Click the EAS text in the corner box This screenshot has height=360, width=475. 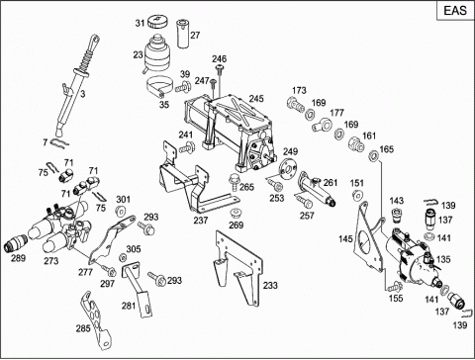pos(455,11)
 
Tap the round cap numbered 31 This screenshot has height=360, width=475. pos(157,22)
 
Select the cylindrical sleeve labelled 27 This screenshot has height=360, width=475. pos(182,34)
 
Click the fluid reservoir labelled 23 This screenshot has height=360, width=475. pos(157,53)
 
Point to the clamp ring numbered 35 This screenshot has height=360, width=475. pos(159,86)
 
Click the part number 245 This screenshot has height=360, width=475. pos(256,99)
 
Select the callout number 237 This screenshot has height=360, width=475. pos(201,221)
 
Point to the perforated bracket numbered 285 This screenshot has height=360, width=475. pos(95,318)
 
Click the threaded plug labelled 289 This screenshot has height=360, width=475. pos(16,243)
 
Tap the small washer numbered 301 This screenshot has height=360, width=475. pos(120,211)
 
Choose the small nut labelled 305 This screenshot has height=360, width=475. pos(123,257)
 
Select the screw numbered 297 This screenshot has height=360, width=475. pos(109,270)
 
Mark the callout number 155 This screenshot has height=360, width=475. pos(396,298)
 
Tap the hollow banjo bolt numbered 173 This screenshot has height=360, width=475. pos(296,104)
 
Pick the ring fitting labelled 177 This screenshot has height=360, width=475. pos(322,126)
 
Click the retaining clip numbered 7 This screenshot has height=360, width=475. pos(60,142)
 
